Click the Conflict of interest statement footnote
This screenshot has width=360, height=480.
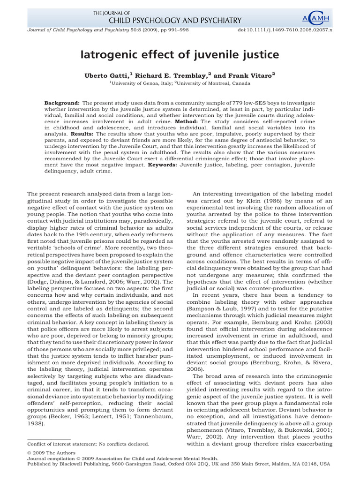pyautogui.click(x=89, y=444)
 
